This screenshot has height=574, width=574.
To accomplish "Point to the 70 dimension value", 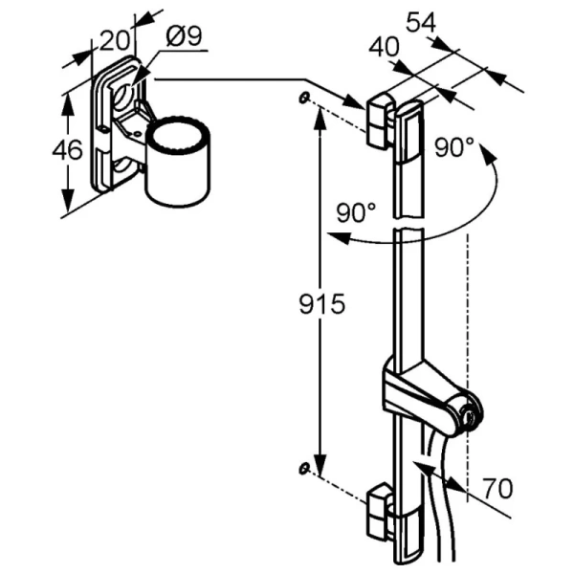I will [497, 488].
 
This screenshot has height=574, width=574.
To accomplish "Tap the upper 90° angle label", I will [454, 147].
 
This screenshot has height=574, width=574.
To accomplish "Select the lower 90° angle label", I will [357, 212].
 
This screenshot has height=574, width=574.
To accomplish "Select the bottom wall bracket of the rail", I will [380, 509].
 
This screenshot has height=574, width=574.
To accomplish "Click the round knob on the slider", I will [467, 413].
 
